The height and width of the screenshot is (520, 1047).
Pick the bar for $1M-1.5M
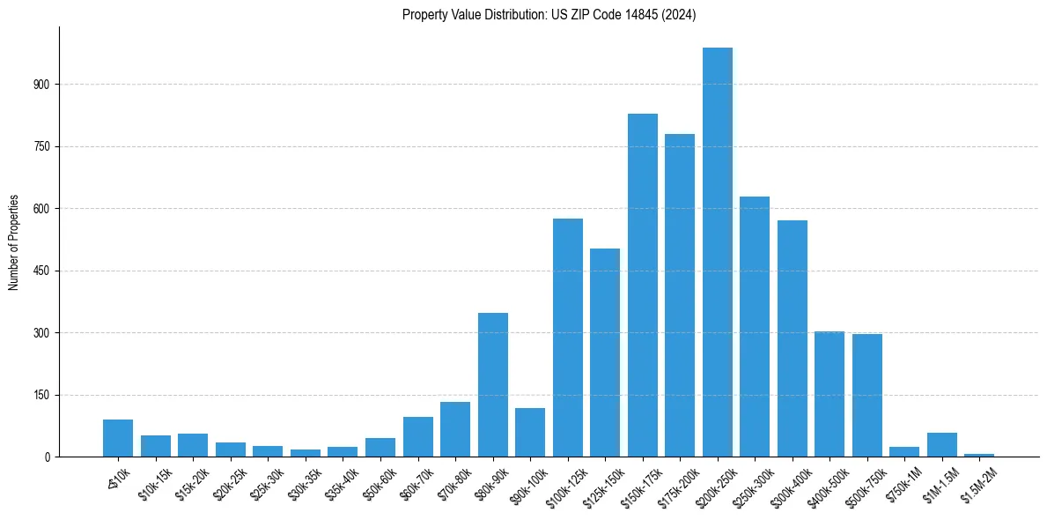(942, 444)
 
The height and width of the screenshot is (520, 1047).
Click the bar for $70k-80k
(455, 429)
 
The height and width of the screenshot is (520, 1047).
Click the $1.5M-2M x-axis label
(977, 483)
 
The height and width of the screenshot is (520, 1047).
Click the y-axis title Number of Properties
(13, 241)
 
